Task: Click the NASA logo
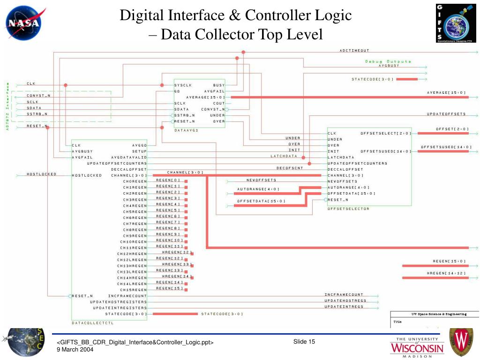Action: [x=23, y=22]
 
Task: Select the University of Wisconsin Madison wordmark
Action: [x=417, y=347]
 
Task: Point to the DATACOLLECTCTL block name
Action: [x=93, y=323]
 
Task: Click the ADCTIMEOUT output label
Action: [x=354, y=50]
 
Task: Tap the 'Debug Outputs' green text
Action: [x=388, y=61]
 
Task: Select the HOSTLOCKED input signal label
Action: [x=41, y=174]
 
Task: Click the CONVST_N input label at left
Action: [x=38, y=96]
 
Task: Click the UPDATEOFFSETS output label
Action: [x=446, y=114]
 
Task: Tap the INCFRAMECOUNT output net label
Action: [x=344, y=294]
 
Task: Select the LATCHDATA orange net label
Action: [x=284, y=156]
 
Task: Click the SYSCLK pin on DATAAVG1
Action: [x=183, y=85]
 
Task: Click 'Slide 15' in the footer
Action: [x=304, y=342]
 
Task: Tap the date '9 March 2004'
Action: [x=75, y=350]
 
